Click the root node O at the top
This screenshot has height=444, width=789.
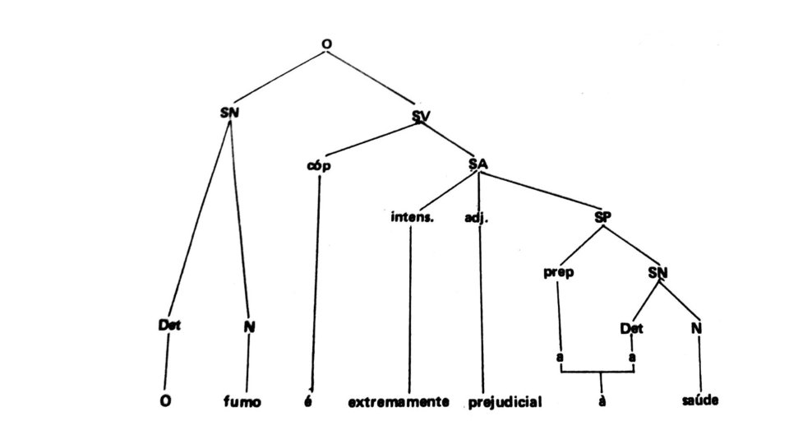point(326,55)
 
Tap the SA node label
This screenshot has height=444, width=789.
point(478,164)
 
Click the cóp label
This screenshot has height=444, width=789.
point(318,165)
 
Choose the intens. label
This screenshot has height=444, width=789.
point(411,220)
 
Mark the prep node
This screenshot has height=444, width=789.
point(558,273)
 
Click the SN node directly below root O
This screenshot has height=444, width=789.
point(230,113)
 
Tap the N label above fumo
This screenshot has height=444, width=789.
point(248,326)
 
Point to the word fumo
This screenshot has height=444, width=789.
point(242,402)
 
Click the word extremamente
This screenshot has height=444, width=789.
point(399,403)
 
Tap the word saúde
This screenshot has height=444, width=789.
point(701,402)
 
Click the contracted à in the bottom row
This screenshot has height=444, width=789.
point(602,403)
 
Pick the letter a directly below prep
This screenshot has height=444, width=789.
point(559,359)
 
